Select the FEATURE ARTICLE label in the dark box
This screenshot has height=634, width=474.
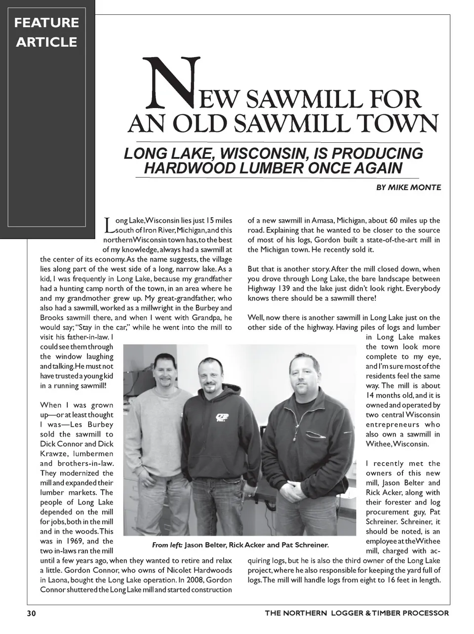46,32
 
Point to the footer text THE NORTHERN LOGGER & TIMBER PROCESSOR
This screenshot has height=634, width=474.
356,613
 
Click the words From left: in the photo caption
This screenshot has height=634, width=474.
167,545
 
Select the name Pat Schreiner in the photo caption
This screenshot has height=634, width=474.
305,545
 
